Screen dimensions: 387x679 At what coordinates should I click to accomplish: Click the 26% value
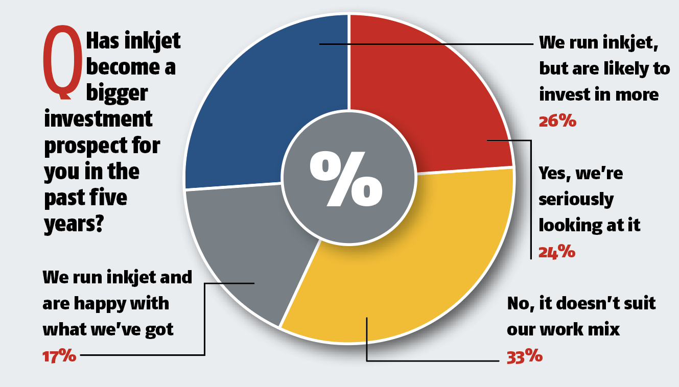557,121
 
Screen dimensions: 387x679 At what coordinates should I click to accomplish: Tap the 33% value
524,356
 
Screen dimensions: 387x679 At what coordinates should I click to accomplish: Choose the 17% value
59,356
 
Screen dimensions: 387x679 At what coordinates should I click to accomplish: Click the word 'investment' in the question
98,119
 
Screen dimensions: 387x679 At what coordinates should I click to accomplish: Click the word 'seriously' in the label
576,199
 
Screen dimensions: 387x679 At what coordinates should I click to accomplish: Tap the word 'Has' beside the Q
103,41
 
